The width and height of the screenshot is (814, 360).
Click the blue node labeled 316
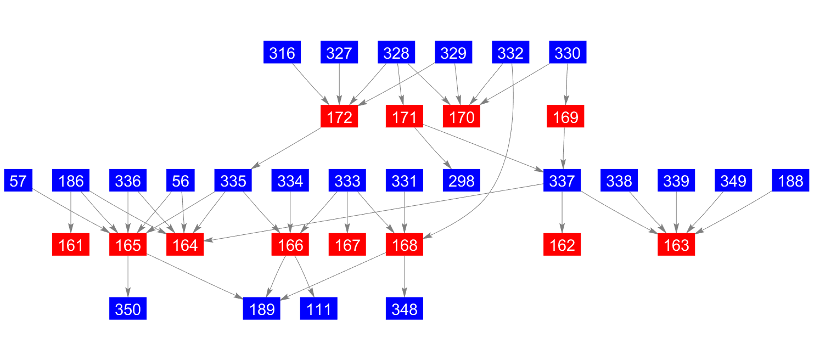coord(282,53)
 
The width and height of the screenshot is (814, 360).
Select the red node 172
coord(339,117)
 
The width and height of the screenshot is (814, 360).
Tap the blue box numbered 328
coord(396,53)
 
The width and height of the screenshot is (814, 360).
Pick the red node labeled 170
coord(462,117)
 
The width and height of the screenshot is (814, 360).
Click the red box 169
coord(565,117)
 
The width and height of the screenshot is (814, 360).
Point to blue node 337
coord(562,181)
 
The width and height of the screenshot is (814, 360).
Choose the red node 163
coord(676,245)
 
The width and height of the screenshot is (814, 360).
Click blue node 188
coord(790,181)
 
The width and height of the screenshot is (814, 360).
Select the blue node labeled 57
coord(18,181)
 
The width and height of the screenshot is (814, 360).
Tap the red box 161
coord(71,245)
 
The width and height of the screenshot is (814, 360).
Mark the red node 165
coord(128,245)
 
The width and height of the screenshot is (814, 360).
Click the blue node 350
coord(128,309)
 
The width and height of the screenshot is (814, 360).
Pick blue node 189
coord(262,309)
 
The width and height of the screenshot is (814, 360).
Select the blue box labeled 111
coord(319,309)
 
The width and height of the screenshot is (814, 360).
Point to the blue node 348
coord(405,309)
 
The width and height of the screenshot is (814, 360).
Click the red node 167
coord(347,245)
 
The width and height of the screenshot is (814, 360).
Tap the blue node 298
coord(462,181)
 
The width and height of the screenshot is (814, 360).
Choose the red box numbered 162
coord(562,245)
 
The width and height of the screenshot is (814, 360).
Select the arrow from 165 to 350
coord(128,277)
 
